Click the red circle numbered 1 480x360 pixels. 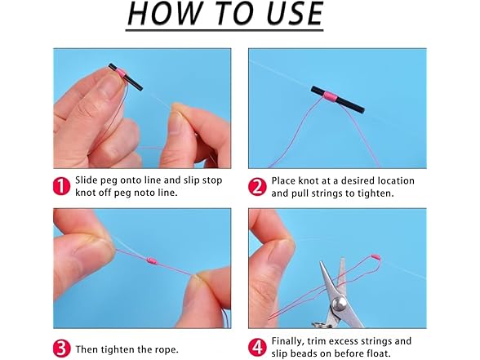click(x=61, y=187)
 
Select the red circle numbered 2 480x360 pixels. click(x=256, y=187)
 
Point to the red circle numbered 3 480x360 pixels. click(x=61, y=349)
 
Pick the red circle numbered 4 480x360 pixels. click(x=256, y=348)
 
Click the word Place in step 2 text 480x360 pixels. click(x=285, y=180)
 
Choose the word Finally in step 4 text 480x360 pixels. click(x=290, y=341)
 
